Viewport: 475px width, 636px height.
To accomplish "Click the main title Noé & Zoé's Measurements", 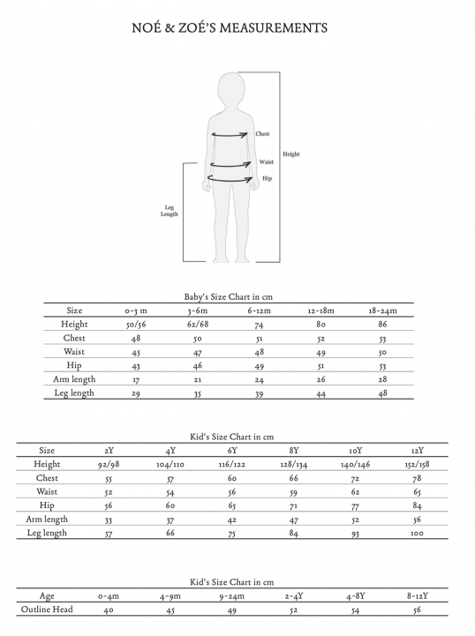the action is [x=229, y=28].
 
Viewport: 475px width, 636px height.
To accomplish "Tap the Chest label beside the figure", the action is [x=262, y=134].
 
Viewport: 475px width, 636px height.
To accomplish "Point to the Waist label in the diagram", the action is [x=266, y=162].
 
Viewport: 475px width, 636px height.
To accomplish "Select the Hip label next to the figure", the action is [x=267, y=178].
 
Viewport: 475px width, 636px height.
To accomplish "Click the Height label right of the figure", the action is [x=291, y=154].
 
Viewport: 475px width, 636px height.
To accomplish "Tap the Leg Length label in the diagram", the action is [x=170, y=211].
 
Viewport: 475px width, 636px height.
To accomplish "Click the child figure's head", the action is [x=232, y=91].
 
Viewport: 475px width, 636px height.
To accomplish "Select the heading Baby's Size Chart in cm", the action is [x=228, y=297].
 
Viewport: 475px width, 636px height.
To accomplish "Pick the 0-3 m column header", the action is [x=136, y=311].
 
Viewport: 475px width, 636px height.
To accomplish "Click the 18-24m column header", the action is [x=382, y=311].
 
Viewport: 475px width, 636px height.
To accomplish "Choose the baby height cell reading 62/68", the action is [x=197, y=325].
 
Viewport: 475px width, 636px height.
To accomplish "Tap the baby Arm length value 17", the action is [x=136, y=380].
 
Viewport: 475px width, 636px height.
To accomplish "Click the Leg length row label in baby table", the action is [x=74, y=393].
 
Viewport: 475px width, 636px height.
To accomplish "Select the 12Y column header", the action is [x=417, y=451].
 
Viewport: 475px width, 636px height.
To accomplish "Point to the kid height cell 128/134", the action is [x=293, y=465].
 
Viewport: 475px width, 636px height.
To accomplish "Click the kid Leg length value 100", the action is [x=417, y=534].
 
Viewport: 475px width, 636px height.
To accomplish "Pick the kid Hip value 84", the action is [x=417, y=506].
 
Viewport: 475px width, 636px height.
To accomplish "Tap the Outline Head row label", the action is [x=47, y=610].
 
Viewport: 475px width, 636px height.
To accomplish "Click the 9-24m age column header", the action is [x=233, y=596].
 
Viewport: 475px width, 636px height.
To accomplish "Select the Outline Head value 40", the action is [x=109, y=610].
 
